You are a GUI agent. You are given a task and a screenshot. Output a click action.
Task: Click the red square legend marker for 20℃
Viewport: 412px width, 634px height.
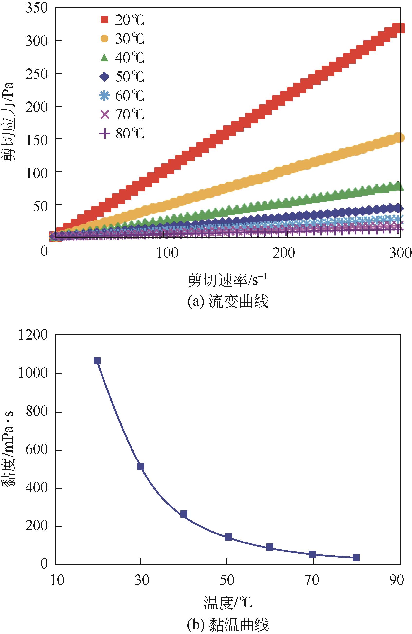pyautogui.click(x=104, y=20)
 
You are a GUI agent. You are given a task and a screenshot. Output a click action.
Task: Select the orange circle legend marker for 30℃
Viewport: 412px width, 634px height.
pyautogui.click(x=104, y=39)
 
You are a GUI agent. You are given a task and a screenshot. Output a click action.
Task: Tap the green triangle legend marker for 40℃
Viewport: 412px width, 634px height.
pyautogui.click(x=104, y=57)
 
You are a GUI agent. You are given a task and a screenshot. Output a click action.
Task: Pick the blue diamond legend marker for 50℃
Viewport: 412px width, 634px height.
pyautogui.click(x=104, y=77)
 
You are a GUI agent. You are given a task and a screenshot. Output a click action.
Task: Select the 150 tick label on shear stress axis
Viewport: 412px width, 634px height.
pyautogui.click(x=37, y=139)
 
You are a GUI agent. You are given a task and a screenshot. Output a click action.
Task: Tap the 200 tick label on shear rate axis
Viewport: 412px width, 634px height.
pyautogui.click(x=283, y=253)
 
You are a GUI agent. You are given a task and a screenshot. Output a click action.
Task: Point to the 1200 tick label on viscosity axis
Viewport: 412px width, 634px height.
pyautogui.click(x=33, y=335)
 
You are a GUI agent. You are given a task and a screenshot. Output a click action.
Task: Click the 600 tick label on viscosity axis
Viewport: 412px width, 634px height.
pyautogui.click(x=37, y=450)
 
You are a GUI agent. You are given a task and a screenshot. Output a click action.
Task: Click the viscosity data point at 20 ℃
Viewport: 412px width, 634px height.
pyautogui.click(x=97, y=361)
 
